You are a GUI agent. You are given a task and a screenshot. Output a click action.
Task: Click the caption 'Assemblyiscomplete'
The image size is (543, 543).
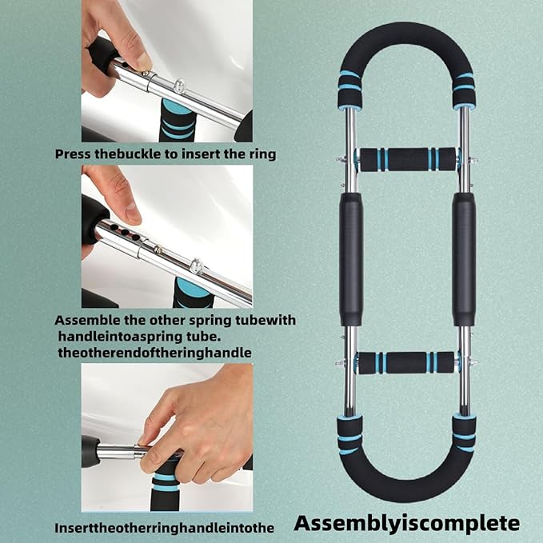coord(406,524)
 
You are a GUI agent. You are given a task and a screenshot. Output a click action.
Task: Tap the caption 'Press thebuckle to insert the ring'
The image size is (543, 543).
coord(166,154)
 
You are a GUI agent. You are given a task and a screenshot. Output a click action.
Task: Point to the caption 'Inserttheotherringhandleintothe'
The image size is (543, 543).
coord(164,528)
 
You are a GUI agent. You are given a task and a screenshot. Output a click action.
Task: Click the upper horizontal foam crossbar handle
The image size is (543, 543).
coord(406,159)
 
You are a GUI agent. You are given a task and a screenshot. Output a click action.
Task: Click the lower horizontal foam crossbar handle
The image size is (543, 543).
coord(406,362)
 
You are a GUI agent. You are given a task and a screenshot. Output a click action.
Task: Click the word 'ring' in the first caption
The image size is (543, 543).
coord(261,154)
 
